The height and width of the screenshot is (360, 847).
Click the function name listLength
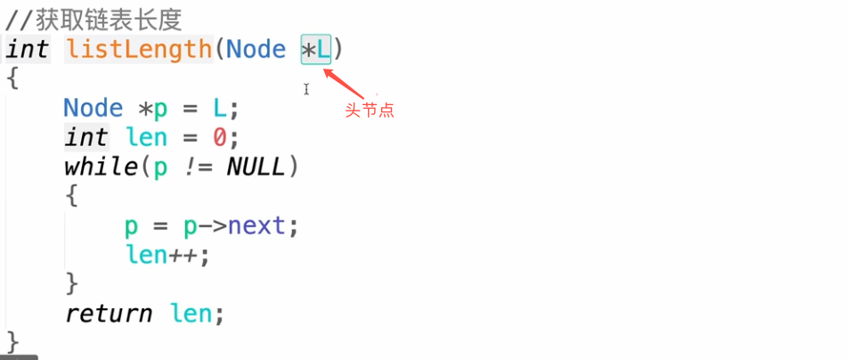pyautogui.click(x=139, y=49)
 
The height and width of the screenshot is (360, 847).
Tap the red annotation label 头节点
pyautogui.click(x=369, y=110)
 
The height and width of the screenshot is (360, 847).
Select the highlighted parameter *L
pyautogui.click(x=315, y=49)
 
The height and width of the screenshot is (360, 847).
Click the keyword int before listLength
pyautogui.click(x=27, y=49)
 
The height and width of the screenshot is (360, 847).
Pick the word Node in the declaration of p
pyautogui.click(x=93, y=109)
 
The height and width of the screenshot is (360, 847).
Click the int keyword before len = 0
pyautogui.click(x=86, y=138)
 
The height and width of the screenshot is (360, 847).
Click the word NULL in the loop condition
pyautogui.click(x=256, y=167)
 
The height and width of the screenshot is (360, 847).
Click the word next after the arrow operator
pyautogui.click(x=257, y=225)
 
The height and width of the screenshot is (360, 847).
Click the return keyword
pyautogui.click(x=108, y=314)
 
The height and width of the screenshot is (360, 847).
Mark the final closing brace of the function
pyautogui.click(x=12, y=341)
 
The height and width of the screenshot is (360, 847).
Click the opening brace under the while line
pyautogui.click(x=72, y=196)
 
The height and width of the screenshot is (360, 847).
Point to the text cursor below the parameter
pyautogui.click(x=305, y=89)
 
